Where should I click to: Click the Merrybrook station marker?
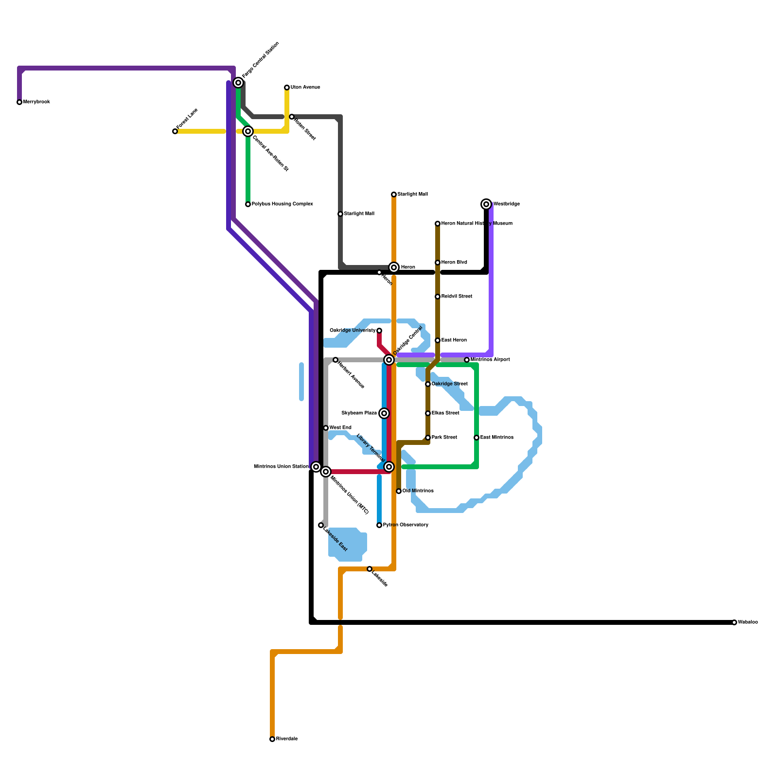(19, 102)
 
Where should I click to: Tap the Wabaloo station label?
(748, 622)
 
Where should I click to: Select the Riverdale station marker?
(272, 739)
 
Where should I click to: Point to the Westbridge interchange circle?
(486, 204)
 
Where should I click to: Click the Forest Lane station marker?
(175, 131)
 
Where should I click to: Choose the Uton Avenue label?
(305, 88)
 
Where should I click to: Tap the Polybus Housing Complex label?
(282, 204)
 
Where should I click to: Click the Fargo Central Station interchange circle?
(238, 83)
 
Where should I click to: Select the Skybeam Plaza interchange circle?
(384, 413)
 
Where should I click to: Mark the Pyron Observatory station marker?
(379, 525)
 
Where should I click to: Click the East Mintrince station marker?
(477, 438)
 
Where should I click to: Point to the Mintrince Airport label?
(490, 360)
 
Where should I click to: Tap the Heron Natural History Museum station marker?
(438, 224)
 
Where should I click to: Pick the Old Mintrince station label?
(418, 491)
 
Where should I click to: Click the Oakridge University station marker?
(379, 331)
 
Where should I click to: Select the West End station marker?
(326, 428)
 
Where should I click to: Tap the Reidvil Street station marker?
(438, 297)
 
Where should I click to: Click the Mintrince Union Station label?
(281, 467)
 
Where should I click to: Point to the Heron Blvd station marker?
(438, 263)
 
